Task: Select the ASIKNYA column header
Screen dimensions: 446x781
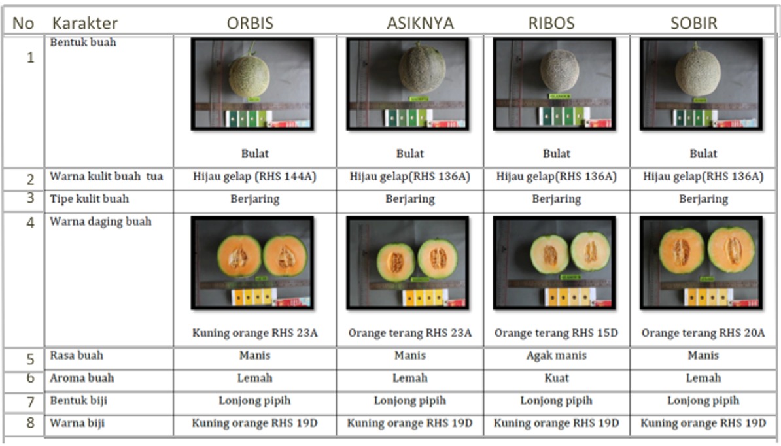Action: click(420, 24)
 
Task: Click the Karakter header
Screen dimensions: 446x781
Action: click(85, 24)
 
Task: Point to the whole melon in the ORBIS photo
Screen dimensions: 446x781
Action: click(249, 76)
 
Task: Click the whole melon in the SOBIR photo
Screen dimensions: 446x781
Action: click(698, 73)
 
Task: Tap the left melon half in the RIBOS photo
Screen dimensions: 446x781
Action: click(549, 254)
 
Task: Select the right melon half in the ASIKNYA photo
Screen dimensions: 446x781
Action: click(438, 258)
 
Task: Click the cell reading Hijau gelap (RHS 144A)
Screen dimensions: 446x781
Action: click(254, 177)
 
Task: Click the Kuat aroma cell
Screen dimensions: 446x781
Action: click(556, 378)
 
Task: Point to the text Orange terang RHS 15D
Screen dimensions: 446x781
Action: click(556, 333)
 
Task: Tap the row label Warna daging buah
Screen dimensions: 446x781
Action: click(101, 222)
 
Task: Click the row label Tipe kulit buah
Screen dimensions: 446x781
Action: click(90, 199)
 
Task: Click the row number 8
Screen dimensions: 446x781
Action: click(30, 423)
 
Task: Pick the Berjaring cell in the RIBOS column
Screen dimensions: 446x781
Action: click(556, 199)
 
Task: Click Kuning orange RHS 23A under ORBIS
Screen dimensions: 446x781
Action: click(254, 333)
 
